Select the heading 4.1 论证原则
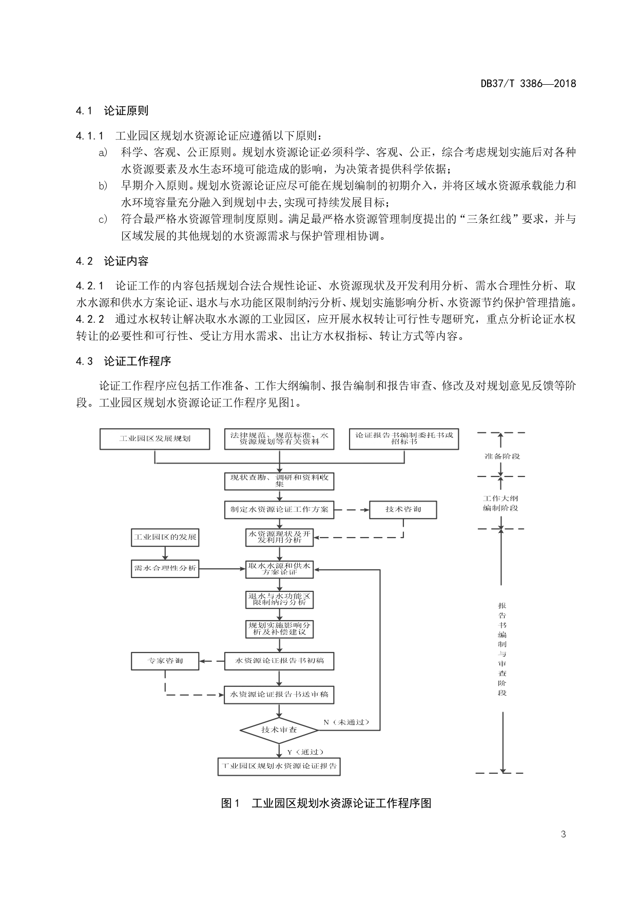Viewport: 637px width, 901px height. pyautogui.click(x=112, y=111)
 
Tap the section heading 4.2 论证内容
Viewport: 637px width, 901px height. pyautogui.click(x=112, y=261)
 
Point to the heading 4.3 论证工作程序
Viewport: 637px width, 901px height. pyautogui.click(x=123, y=361)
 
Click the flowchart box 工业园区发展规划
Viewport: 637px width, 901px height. pyautogui.click(x=155, y=439)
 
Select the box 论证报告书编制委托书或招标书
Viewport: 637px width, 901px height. pyautogui.click(x=403, y=438)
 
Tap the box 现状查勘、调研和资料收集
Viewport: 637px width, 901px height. pyautogui.click(x=279, y=481)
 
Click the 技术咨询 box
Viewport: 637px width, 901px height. pyautogui.click(x=403, y=509)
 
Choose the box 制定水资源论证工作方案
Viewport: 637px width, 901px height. pyautogui.click(x=279, y=510)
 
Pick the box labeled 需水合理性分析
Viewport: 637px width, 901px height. pyautogui.click(x=165, y=568)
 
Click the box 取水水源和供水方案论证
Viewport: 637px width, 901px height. pyautogui.click(x=279, y=568)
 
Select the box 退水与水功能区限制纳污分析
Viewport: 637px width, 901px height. pyautogui.click(x=279, y=599)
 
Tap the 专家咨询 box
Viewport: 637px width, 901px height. pyautogui.click(x=165, y=661)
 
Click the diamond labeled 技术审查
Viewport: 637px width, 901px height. pyautogui.click(x=279, y=730)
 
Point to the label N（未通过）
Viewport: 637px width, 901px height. pyautogui.click(x=346, y=722)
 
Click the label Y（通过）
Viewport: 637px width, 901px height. pyautogui.click(x=305, y=752)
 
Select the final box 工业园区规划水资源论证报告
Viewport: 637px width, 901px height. pyautogui.click(x=279, y=766)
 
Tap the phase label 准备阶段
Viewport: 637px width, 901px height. pyautogui.click(x=502, y=456)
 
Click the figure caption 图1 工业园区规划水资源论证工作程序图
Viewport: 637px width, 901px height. pyautogui.click(x=326, y=803)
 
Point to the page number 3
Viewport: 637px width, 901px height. pyautogui.click(x=564, y=834)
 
